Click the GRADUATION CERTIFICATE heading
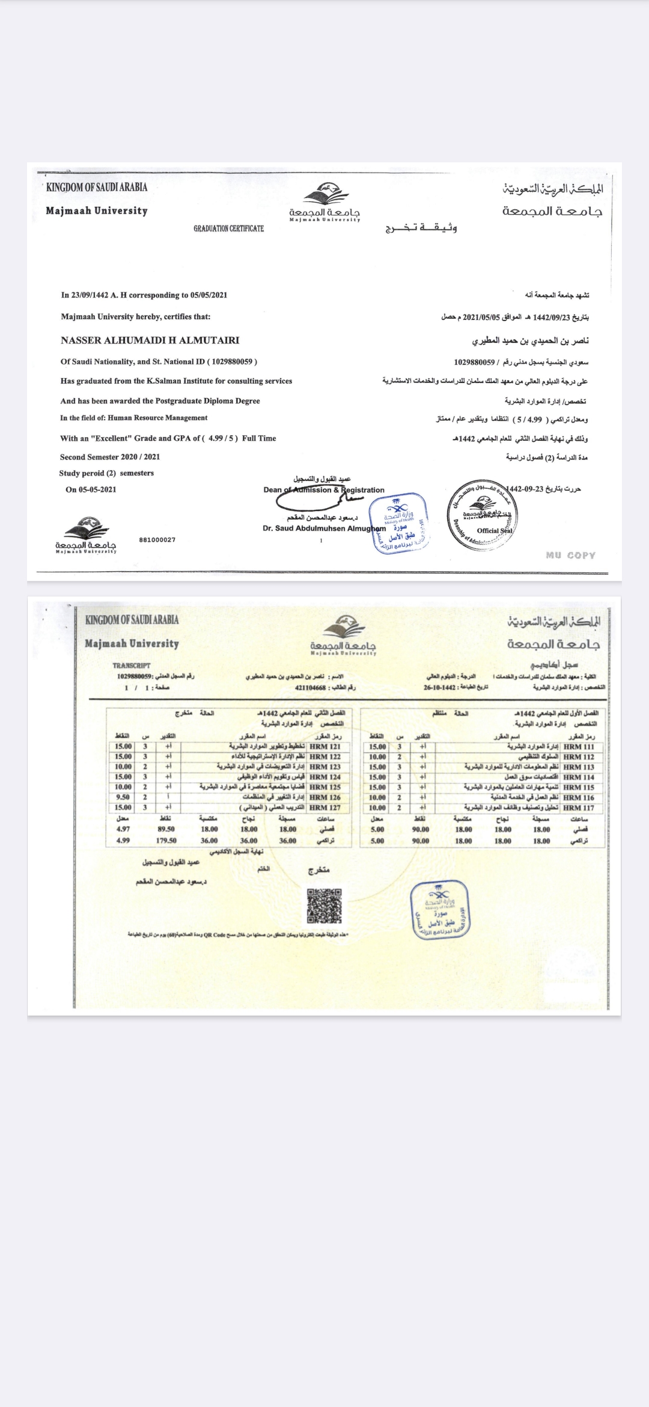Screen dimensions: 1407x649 coord(228,228)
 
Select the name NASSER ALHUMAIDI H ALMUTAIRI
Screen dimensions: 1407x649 coord(150,340)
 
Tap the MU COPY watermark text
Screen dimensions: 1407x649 coord(570,555)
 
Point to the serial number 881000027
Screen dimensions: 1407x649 coord(157,540)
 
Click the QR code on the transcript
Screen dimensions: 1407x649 coord(324,906)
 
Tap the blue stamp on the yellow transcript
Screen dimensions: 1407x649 coord(440,910)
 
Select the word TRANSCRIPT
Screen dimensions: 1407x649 coord(131,666)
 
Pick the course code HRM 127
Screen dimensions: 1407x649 coord(325,808)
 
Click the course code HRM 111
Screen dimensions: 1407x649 coord(579,747)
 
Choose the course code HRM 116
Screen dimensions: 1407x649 coord(579,798)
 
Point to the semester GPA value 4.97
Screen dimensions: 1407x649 coord(123,829)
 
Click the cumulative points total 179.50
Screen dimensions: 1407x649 coord(166,841)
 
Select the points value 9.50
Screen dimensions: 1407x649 coord(123,797)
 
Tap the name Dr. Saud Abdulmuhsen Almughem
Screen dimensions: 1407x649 coord(324,529)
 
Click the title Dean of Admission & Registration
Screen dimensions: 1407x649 coord(324,490)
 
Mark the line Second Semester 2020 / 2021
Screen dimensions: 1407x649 coord(110,457)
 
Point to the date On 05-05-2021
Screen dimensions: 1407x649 coord(91,489)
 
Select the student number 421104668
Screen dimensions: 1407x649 coord(311,687)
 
